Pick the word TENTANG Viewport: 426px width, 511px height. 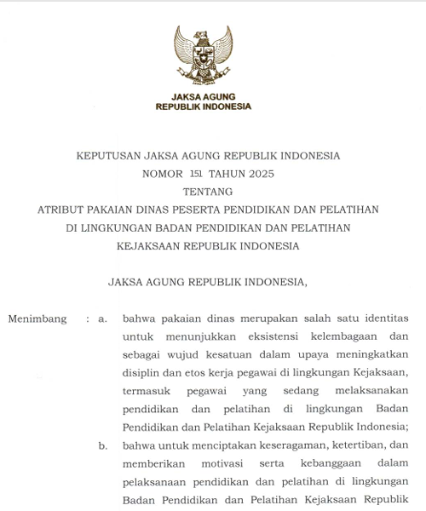pos(208,192)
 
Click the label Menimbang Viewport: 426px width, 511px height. pos(37,319)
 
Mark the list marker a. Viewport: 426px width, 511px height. pos(102,319)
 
